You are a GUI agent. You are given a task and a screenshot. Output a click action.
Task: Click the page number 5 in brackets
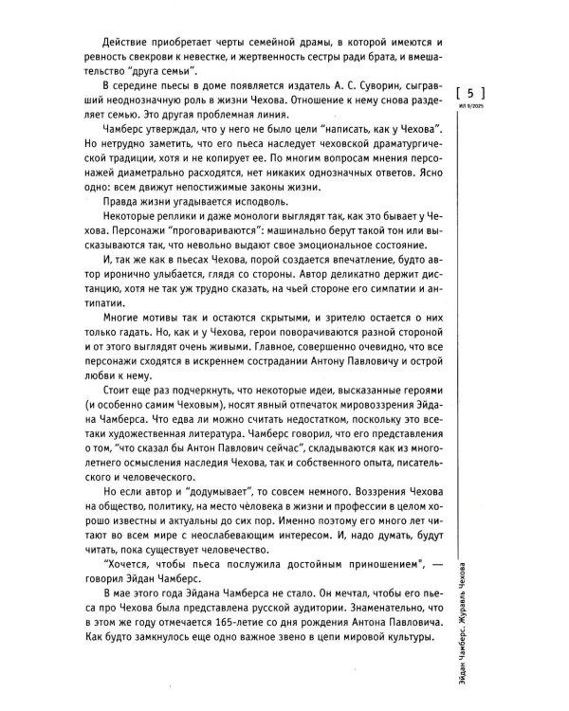470,93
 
